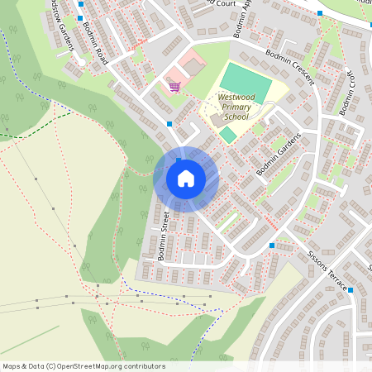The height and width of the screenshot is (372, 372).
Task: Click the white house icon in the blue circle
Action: point(186,179)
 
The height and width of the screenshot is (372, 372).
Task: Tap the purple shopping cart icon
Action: point(174,86)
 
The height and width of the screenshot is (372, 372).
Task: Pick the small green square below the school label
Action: point(227,134)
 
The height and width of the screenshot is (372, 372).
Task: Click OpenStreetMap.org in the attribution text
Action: point(98,366)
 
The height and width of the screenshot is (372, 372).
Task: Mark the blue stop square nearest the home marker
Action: point(169,124)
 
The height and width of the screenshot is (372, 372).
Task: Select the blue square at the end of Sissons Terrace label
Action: point(351,289)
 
